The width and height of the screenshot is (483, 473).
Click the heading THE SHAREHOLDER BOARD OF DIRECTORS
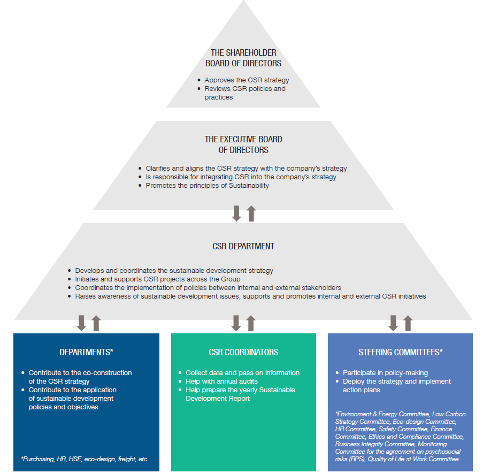click(243, 58)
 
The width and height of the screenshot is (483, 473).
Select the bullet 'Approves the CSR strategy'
click(247, 80)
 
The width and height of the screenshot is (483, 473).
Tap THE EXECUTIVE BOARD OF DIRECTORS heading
click(243, 144)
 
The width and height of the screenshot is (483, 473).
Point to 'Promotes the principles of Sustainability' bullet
click(207, 186)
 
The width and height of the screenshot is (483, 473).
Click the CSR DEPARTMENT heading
click(243, 247)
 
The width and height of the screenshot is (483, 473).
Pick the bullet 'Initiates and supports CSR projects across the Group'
click(158, 279)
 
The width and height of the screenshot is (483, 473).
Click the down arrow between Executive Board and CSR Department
click(236, 213)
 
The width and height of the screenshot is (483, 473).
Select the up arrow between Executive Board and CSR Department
click(251, 213)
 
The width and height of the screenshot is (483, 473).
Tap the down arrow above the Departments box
click(81, 323)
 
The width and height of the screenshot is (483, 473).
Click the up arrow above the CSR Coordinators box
click(251, 323)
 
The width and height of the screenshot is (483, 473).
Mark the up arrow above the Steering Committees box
click(408, 323)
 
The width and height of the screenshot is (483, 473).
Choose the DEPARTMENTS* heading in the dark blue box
click(86, 352)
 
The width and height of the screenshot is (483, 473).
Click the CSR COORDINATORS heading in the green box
click(243, 352)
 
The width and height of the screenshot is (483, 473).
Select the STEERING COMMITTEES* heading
click(400, 352)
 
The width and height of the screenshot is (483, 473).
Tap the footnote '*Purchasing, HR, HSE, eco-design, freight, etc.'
click(85, 459)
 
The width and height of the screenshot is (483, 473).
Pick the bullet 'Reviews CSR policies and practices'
click(244, 93)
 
